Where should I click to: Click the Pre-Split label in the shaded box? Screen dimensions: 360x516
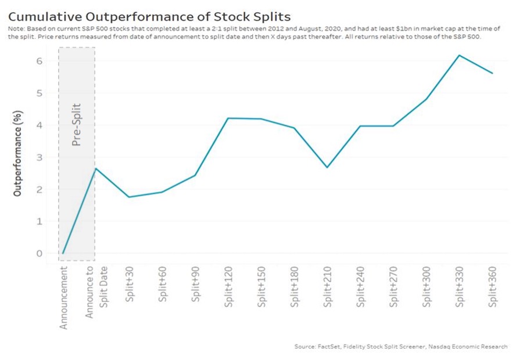[x=76, y=124]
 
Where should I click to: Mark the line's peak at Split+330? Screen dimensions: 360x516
[x=460, y=55]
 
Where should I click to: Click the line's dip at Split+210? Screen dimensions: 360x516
[x=327, y=167]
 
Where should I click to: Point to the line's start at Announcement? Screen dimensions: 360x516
[x=63, y=253]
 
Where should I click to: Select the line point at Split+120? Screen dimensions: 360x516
[x=228, y=118]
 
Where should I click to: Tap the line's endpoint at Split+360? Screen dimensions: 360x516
[x=493, y=73]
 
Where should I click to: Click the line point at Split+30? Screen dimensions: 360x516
[x=128, y=197]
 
